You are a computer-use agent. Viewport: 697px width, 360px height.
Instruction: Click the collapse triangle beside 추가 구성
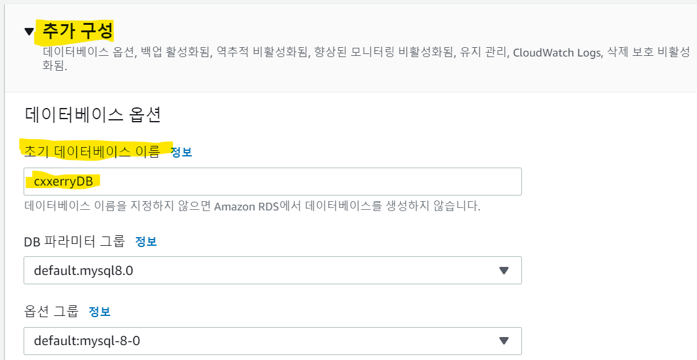point(29,32)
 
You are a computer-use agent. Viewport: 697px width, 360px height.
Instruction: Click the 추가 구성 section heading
point(78,30)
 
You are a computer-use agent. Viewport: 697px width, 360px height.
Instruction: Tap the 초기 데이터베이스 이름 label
point(92,151)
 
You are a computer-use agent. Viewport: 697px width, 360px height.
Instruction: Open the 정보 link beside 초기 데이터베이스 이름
point(181,152)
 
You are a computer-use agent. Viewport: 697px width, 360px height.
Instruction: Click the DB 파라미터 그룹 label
point(74,241)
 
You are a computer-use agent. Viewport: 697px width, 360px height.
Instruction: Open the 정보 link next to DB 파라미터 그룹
point(146,241)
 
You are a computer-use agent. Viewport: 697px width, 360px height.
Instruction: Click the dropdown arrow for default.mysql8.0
point(503,271)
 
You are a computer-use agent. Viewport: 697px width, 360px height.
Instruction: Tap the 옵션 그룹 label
point(52,311)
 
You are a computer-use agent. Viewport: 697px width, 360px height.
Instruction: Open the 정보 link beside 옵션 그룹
point(99,312)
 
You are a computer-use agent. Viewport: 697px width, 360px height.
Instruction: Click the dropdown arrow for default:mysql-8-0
point(503,341)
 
